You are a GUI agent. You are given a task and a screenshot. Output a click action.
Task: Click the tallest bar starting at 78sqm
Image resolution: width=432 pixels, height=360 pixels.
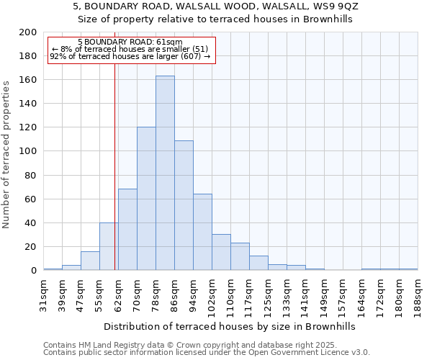pyautogui.click(x=165, y=173)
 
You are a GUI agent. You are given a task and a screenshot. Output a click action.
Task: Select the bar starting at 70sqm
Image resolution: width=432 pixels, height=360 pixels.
pyautogui.click(x=146, y=199)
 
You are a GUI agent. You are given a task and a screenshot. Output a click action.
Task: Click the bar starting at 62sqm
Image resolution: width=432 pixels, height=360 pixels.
pyautogui.click(x=127, y=230)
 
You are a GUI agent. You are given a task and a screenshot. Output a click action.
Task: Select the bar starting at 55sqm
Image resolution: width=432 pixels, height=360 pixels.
pyautogui.click(x=109, y=246)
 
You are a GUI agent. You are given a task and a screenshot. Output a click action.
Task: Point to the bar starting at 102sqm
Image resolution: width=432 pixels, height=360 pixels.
pyautogui.click(x=221, y=252)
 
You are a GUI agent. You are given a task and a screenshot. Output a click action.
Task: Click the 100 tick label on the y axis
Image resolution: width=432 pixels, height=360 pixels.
pyautogui.click(x=28, y=151)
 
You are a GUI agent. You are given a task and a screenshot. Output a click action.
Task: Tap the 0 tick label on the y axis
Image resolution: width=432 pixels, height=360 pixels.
pyautogui.click(x=33, y=271)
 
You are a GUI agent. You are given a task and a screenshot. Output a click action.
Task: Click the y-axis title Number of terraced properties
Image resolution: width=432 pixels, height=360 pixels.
pyautogui.click(x=7, y=155)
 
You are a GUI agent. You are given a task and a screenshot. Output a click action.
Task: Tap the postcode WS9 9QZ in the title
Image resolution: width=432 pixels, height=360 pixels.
pyautogui.click(x=333, y=6)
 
